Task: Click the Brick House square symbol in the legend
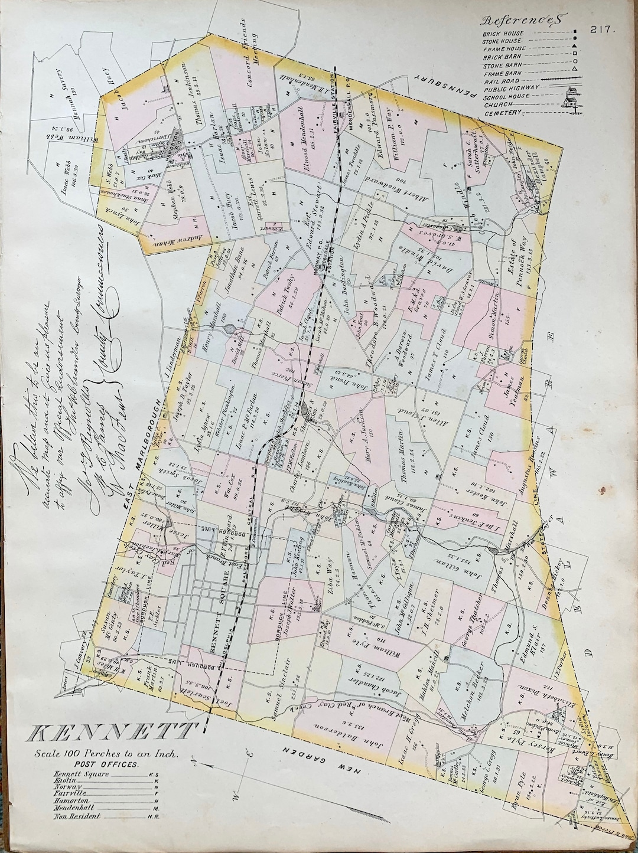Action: click(x=573, y=33)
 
